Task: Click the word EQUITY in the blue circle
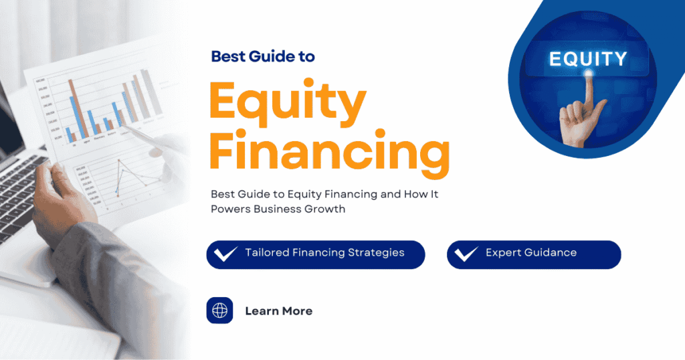pos(588,59)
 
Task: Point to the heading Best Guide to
pos(263,56)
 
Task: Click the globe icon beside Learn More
pos(219,310)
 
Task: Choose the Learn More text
pos(279,311)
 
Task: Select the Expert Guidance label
pos(531,253)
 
